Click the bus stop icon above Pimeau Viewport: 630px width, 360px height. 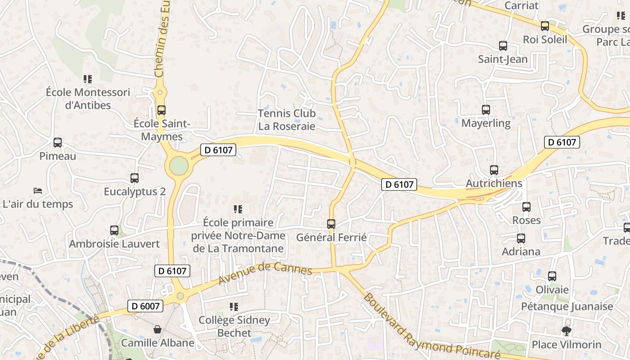point(58,143)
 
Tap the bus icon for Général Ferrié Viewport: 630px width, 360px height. point(331,224)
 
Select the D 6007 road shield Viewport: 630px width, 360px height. point(144,306)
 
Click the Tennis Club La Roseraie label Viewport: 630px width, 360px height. point(287,120)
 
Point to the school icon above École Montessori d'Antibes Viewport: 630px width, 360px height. point(88,79)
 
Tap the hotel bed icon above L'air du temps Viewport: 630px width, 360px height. point(38,191)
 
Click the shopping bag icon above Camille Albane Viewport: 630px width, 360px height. point(157,329)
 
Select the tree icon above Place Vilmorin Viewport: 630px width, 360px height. point(566,331)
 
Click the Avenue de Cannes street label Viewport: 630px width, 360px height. point(265,274)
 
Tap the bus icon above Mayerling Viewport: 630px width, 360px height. point(486,110)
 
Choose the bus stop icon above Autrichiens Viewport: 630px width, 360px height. point(494,170)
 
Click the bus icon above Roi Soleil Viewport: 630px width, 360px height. point(545,26)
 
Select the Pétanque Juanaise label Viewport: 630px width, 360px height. point(567,306)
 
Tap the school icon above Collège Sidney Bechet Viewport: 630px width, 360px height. point(234,307)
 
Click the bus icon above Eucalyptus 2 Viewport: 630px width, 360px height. point(135,178)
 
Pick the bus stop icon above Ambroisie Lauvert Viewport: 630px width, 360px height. point(114,230)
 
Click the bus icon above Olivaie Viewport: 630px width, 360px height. point(552,276)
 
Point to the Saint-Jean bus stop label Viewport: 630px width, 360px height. point(503,59)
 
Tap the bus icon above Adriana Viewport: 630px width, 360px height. point(521,238)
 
